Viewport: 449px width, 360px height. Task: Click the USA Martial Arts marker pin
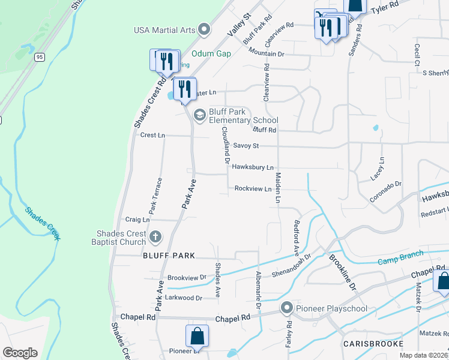pos(205,29)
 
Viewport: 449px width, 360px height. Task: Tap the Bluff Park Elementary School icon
pos(200,114)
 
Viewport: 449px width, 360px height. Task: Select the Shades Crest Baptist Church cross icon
pos(155,237)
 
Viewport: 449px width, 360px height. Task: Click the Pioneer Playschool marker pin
pos(287,308)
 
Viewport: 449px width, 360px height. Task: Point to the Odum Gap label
pos(212,53)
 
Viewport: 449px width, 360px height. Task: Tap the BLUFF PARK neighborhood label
pos(169,256)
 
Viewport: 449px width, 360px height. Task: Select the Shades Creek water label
pos(43,223)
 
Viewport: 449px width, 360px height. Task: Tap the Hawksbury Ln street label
pos(253,167)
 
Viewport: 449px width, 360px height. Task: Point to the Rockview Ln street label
pos(253,188)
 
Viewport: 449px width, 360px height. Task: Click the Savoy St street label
pos(246,145)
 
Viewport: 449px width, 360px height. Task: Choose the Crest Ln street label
pos(152,136)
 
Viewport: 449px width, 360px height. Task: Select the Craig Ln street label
pos(137,220)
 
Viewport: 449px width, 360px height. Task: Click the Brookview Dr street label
pos(187,278)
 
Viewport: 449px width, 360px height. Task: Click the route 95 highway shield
pos(40,57)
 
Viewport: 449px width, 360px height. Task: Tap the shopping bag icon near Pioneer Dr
pos(197,337)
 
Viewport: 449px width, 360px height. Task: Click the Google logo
pos(20,353)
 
